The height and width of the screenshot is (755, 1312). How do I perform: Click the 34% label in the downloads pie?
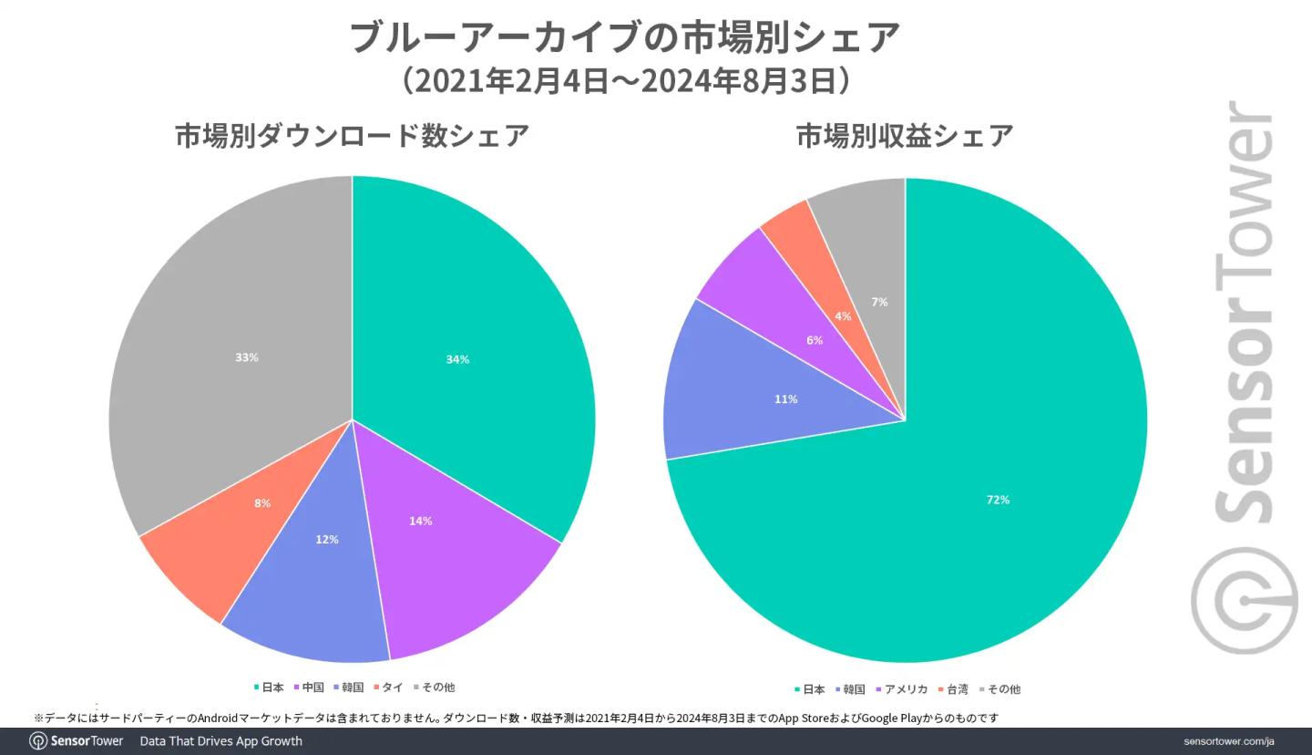click(457, 359)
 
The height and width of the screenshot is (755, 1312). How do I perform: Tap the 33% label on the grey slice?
click(247, 357)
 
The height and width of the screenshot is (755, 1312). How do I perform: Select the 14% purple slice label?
click(420, 521)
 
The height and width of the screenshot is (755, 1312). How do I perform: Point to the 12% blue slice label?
click(327, 540)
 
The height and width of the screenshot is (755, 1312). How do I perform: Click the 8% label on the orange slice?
click(262, 503)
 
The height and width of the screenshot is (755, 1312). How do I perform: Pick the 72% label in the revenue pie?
click(998, 500)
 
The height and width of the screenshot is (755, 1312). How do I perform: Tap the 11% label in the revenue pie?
click(786, 399)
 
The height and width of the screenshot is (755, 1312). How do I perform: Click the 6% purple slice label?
click(815, 340)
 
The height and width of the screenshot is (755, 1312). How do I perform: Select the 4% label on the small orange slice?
click(843, 316)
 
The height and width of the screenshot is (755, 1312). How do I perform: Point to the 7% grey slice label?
click(879, 302)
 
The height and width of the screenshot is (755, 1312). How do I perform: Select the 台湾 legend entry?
click(954, 689)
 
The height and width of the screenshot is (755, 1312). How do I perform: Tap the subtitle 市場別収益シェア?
click(905, 136)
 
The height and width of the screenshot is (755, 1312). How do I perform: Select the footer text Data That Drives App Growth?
click(220, 741)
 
